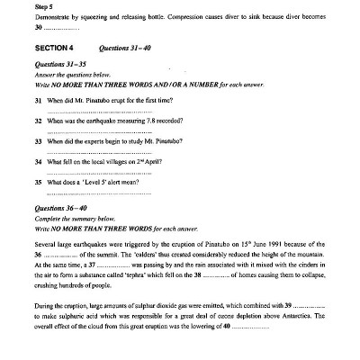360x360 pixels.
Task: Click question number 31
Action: pyautogui.click(x=39, y=101)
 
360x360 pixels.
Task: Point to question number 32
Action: pyautogui.click(x=39, y=121)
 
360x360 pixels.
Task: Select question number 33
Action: pyautogui.click(x=39, y=140)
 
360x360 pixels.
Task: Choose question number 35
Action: pyautogui.click(x=39, y=180)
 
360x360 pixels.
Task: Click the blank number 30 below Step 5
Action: pyautogui.click(x=39, y=28)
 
